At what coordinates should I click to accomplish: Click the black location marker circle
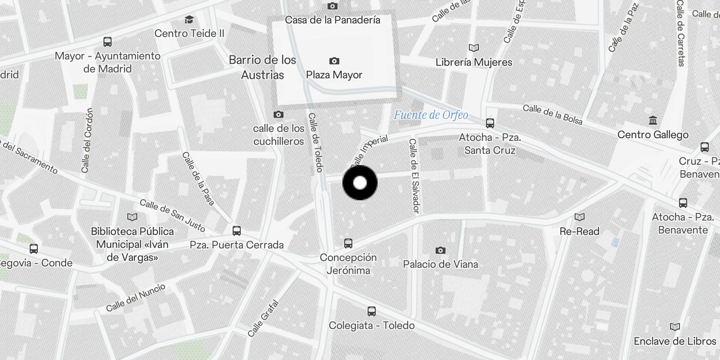click(x=360, y=183)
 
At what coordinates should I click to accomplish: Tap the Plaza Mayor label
click(x=334, y=75)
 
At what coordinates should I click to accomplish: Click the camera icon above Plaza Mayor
click(x=334, y=61)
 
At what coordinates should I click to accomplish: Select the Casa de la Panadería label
click(x=333, y=20)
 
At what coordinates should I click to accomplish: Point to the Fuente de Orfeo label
click(x=431, y=115)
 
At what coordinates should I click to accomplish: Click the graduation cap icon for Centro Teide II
click(x=189, y=20)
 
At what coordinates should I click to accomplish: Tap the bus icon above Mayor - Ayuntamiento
click(x=107, y=42)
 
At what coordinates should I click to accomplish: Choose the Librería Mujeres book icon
click(x=473, y=48)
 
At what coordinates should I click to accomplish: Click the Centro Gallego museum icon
click(x=652, y=120)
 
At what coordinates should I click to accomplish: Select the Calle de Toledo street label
click(x=315, y=142)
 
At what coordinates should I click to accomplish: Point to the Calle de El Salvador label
click(x=414, y=175)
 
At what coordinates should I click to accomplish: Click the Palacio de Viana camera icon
click(x=440, y=250)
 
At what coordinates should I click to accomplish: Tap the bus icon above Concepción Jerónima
click(x=348, y=243)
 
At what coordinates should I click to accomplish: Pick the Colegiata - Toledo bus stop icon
click(x=371, y=311)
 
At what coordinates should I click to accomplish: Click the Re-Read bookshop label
click(x=579, y=231)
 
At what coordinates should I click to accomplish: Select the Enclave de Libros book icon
click(x=675, y=327)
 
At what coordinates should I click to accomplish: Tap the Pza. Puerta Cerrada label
click(x=237, y=245)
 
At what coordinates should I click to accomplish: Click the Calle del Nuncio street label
click(x=135, y=297)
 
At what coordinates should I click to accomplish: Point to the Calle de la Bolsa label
click(x=552, y=114)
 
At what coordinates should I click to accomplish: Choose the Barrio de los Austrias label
click(x=262, y=67)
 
